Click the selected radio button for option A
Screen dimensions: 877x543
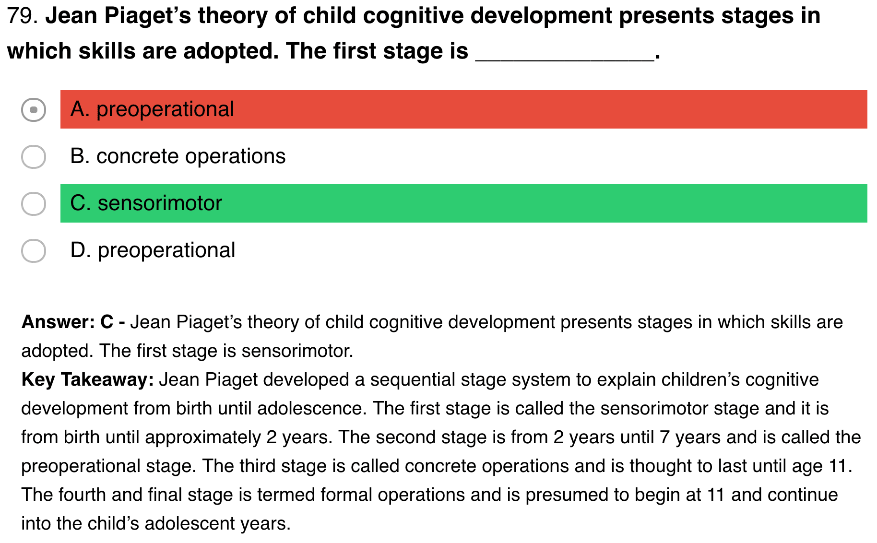[x=34, y=109]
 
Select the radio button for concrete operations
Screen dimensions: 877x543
[x=34, y=156]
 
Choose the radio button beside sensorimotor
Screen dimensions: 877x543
[x=34, y=203]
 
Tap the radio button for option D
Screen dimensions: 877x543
[x=34, y=250]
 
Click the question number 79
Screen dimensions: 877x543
[x=22, y=16]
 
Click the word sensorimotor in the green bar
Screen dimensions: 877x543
[x=160, y=203]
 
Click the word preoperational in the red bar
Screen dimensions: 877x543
[x=165, y=110]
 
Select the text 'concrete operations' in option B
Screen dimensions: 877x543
[x=191, y=157]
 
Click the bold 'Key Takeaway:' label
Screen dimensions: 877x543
[x=88, y=380]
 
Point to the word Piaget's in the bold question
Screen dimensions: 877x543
[x=148, y=16]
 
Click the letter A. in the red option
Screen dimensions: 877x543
[x=80, y=109]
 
